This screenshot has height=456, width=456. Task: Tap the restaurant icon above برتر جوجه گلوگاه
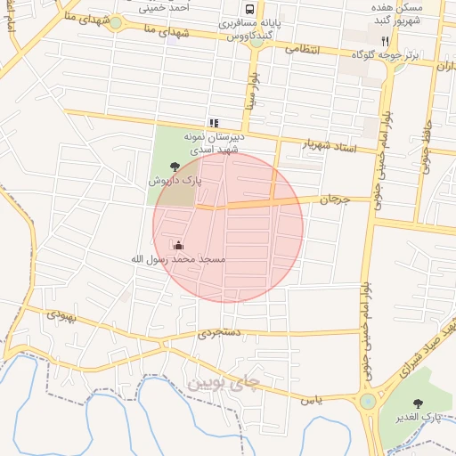385,41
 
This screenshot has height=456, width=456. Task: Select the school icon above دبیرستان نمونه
214,123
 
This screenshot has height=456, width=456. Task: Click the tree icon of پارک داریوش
175,166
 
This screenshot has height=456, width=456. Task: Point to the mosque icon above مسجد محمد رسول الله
178,245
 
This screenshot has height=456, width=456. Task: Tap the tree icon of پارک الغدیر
419,403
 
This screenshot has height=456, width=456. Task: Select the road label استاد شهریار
330,146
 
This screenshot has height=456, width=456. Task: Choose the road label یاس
311,400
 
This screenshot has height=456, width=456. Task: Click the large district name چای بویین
224,384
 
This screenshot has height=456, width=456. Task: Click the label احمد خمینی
169,7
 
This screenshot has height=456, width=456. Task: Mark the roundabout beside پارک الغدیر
368,402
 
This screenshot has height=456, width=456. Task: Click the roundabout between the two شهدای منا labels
115,22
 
